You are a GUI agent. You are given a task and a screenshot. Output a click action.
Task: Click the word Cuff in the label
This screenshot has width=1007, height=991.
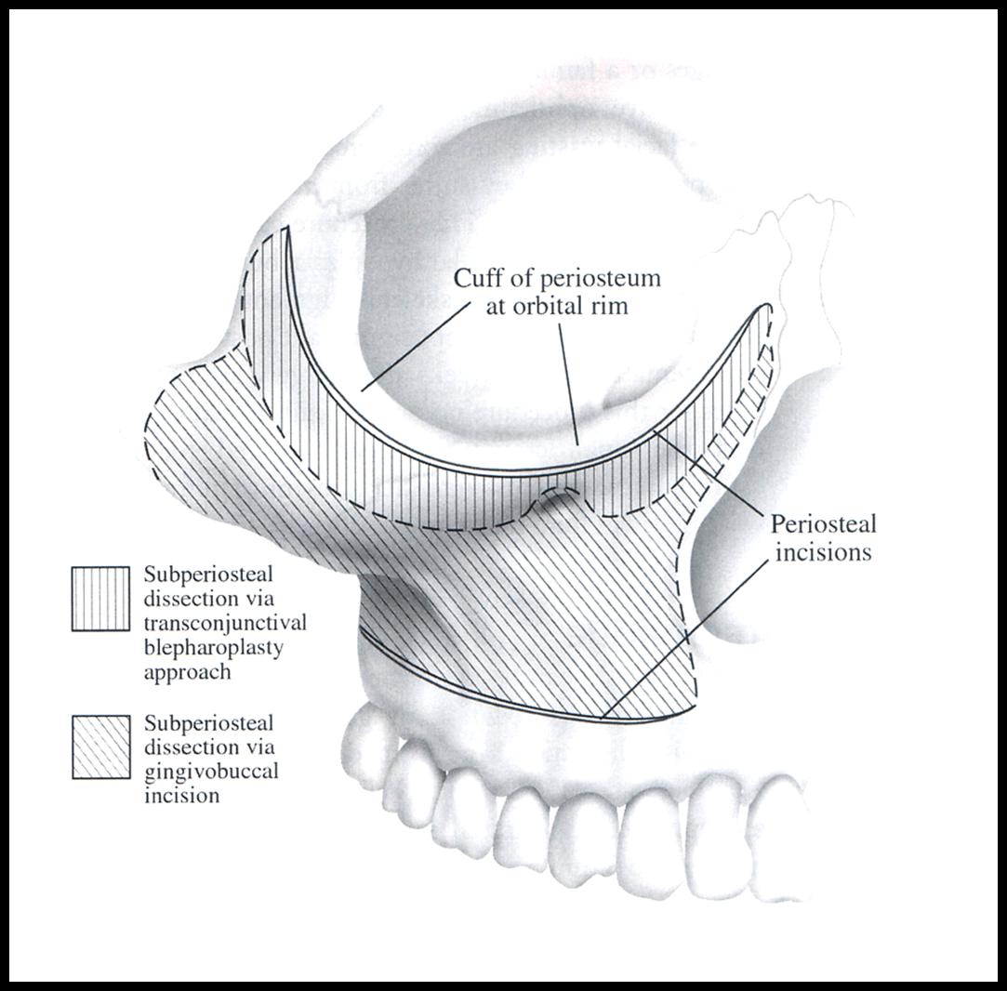tap(476, 278)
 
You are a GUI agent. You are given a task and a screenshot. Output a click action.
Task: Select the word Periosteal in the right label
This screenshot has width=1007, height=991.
tap(823, 524)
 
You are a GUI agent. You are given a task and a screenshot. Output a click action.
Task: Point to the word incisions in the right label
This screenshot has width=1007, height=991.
tap(823, 552)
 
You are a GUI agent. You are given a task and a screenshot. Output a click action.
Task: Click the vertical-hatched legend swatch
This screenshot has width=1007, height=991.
tap(100, 599)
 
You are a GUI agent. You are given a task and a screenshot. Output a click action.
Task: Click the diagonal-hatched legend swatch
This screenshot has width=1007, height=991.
tap(100, 747)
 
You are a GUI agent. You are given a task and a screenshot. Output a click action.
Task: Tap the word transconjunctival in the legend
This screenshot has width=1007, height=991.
tap(225, 623)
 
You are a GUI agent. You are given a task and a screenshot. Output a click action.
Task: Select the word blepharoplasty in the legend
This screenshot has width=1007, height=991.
tap(213, 648)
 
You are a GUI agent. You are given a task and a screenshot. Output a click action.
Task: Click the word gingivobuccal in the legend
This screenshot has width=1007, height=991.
tap(211, 772)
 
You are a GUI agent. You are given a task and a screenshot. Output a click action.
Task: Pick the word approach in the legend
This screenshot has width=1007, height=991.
tap(187, 673)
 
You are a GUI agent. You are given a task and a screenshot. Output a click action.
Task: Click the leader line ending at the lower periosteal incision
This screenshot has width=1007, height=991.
tap(685, 639)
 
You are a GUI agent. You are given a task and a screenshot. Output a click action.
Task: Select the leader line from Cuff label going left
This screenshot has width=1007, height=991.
tap(414, 346)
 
